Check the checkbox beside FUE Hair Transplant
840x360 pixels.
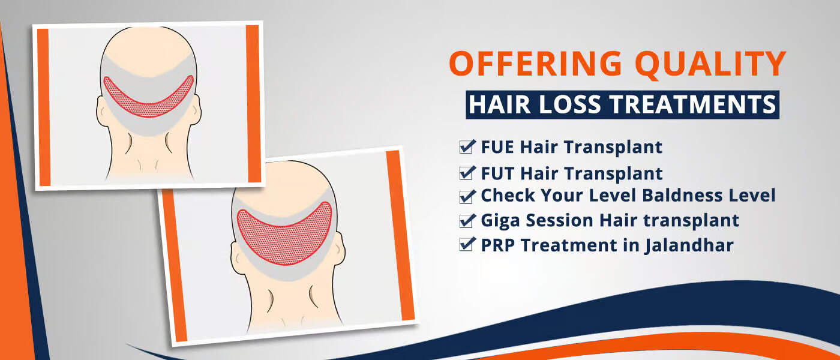(466, 147)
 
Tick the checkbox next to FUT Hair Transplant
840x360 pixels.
(466, 173)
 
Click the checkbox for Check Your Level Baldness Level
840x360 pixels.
(466, 196)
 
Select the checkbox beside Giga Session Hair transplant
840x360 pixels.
(466, 221)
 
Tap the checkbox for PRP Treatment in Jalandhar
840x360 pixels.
(466, 245)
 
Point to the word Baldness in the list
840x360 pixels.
(682, 196)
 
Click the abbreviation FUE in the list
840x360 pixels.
(497, 147)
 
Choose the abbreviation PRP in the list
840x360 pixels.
(497, 245)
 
